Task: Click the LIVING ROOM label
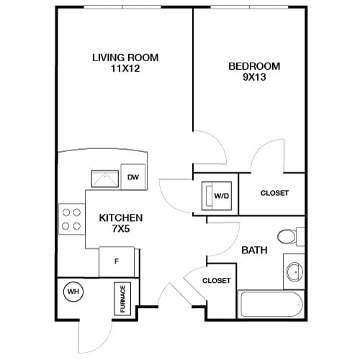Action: tap(125, 58)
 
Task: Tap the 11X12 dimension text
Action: tap(125, 70)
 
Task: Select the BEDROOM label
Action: tap(254, 66)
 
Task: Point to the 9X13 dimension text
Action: tap(254, 78)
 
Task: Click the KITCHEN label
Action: tap(121, 217)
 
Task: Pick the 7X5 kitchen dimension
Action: tap(121, 230)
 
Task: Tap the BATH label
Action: tap(254, 251)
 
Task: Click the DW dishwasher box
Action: tap(133, 177)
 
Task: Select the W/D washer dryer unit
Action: tap(219, 195)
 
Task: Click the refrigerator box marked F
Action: tap(116, 260)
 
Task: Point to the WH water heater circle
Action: tap(73, 292)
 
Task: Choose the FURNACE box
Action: tap(122, 297)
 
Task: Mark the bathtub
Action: tap(271, 305)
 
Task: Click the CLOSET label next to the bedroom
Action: tap(274, 193)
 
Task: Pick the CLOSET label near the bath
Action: tap(216, 281)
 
